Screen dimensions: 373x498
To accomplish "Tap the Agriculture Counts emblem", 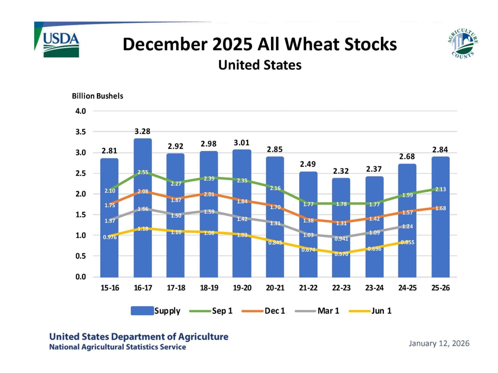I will tap(463, 44).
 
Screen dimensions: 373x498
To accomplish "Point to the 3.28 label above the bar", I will tap(142, 131).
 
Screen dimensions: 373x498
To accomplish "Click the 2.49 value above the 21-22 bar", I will tap(308, 164).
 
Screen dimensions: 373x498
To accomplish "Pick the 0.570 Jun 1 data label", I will tap(341, 254).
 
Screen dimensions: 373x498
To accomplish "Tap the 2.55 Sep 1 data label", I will tap(143, 172).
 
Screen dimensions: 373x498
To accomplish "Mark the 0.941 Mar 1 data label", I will tap(341, 239).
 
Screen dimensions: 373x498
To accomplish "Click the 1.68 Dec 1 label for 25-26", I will tap(441, 208).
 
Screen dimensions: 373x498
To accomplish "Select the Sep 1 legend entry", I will tap(211, 311).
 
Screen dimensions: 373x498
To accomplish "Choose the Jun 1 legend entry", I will tap(371, 311).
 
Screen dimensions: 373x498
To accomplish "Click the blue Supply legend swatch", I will tap(142, 311).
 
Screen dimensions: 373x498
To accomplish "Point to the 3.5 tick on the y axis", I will tap(81, 132).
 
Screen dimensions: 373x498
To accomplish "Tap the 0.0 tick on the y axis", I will tap(81, 277).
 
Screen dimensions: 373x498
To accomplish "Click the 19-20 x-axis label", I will tap(242, 288).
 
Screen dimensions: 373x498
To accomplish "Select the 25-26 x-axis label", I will tap(441, 288).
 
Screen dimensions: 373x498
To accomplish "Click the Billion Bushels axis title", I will tap(97, 96).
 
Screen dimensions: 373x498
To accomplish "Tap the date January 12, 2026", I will tap(439, 343).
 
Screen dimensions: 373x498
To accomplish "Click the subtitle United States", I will tap(260, 65).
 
